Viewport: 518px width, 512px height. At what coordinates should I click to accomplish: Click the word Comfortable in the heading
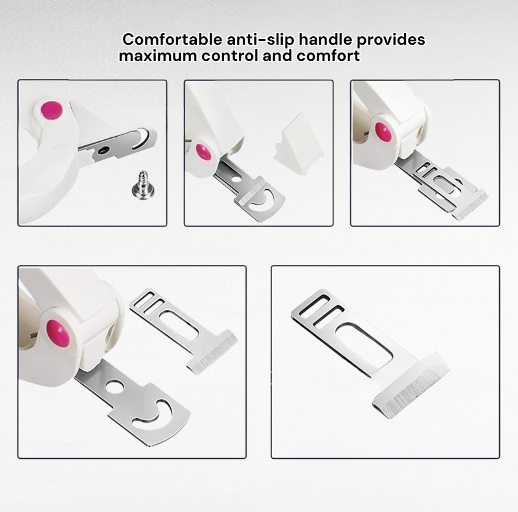click(172, 40)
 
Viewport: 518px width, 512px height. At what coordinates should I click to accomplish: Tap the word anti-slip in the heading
click(260, 40)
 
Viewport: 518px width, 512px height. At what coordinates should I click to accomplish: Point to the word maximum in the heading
click(158, 56)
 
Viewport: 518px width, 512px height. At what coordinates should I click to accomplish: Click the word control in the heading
click(230, 56)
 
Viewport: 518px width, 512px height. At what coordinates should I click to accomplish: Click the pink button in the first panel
click(51, 110)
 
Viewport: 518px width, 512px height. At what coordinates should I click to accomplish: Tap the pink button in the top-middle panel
click(203, 152)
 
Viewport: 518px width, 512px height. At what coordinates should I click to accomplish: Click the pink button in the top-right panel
click(383, 132)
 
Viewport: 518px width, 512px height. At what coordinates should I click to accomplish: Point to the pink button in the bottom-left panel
click(58, 333)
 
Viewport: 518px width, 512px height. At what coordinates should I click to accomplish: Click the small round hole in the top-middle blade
click(236, 180)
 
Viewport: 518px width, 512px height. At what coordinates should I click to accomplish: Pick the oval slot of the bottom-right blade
click(364, 345)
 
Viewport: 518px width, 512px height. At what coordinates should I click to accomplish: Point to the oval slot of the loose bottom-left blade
click(179, 325)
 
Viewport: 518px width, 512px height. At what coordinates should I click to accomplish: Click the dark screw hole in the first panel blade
click(104, 150)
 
